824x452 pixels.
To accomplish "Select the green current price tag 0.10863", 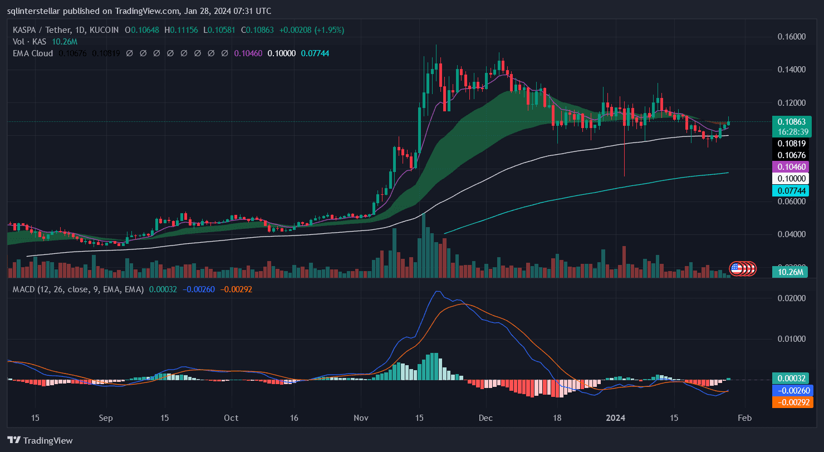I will (790, 122).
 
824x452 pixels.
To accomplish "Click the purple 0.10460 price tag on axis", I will (790, 166).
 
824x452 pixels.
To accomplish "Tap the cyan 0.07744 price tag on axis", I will (790, 191).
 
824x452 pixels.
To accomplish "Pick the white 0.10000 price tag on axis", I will (790, 179).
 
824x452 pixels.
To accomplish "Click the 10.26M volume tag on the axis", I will (790, 272).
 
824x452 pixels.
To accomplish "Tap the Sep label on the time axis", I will (105, 418).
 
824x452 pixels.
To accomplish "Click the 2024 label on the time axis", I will (616, 418).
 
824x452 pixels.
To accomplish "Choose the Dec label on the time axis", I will (485, 418).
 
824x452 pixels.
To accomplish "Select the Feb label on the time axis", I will (744, 418).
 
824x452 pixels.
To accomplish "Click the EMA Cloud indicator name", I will (33, 53).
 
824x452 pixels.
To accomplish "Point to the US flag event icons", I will (742, 268).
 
